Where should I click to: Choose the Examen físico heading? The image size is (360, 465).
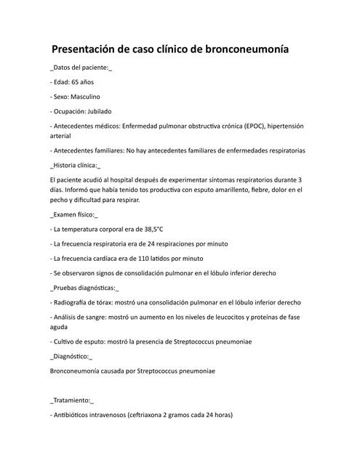point(73,215)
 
